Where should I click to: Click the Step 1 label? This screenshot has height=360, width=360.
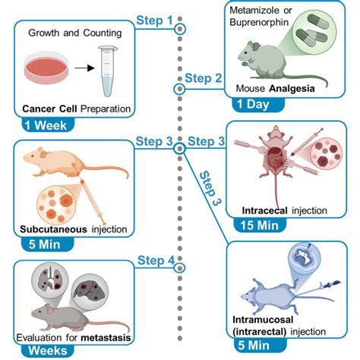coord(153,20)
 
